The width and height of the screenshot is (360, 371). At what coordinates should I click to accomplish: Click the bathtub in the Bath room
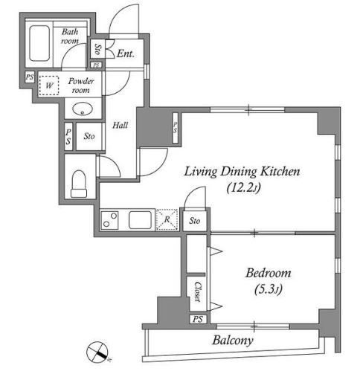[39, 43]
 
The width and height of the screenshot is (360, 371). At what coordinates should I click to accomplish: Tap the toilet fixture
[79, 184]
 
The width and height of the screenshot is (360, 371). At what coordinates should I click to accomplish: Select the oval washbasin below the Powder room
[83, 109]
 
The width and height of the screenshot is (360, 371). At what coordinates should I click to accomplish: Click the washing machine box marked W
[49, 86]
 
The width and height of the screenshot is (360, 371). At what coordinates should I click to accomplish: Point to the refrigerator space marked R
[167, 219]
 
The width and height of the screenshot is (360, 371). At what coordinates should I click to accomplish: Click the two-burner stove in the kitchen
[109, 220]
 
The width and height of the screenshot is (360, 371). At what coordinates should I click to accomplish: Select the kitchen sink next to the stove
[140, 220]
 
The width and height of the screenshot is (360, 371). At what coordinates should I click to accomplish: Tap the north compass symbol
[97, 352]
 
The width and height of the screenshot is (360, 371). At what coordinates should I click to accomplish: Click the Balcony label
[233, 341]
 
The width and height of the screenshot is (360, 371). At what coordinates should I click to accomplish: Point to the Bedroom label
[269, 273]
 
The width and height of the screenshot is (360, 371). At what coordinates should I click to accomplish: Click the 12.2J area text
[244, 188]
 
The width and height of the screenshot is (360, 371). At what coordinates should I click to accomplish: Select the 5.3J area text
[269, 289]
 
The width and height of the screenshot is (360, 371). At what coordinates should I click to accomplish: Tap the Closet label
[198, 291]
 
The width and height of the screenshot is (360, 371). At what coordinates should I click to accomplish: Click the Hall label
[120, 125]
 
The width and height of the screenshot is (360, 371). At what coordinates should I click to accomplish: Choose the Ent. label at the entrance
[126, 54]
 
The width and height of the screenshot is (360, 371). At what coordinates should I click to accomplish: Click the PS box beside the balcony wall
[198, 319]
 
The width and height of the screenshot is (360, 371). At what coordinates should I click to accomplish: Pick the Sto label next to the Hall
[89, 136]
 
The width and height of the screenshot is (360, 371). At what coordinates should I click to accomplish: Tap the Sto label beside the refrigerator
[195, 220]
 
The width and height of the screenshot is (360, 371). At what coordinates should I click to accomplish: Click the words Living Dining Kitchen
[242, 172]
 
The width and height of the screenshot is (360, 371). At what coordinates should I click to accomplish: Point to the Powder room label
[81, 86]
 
